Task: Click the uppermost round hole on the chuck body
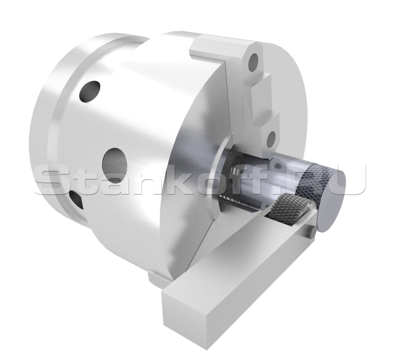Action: [90, 92]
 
